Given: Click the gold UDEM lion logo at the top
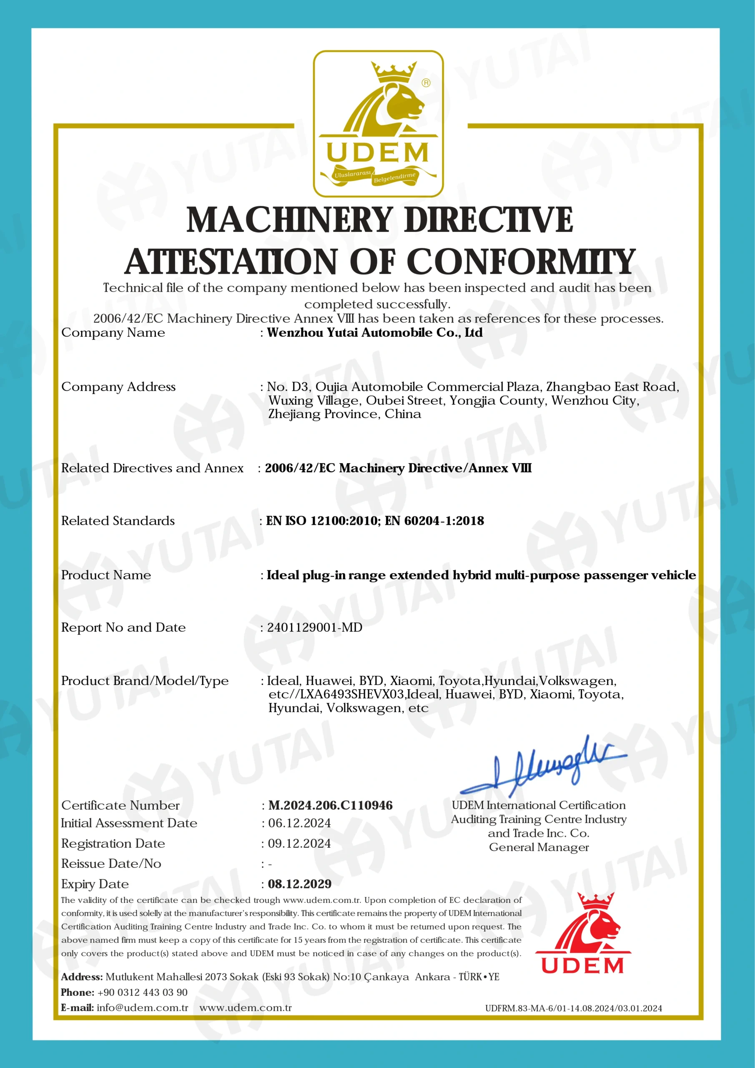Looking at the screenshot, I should (378, 123).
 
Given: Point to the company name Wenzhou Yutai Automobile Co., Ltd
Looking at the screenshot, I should (375, 332).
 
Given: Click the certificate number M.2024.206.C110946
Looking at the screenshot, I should (331, 805).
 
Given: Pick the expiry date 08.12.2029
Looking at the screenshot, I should (299, 884).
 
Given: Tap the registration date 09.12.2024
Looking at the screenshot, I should (299, 843).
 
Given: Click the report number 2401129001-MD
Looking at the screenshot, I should (315, 627).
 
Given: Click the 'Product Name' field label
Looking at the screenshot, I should (106, 575).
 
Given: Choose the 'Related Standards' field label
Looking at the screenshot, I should (118, 521).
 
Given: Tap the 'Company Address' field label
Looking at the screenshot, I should (118, 387).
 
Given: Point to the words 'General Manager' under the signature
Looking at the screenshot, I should (539, 847).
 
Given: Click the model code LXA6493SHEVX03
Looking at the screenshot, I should (352, 695).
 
